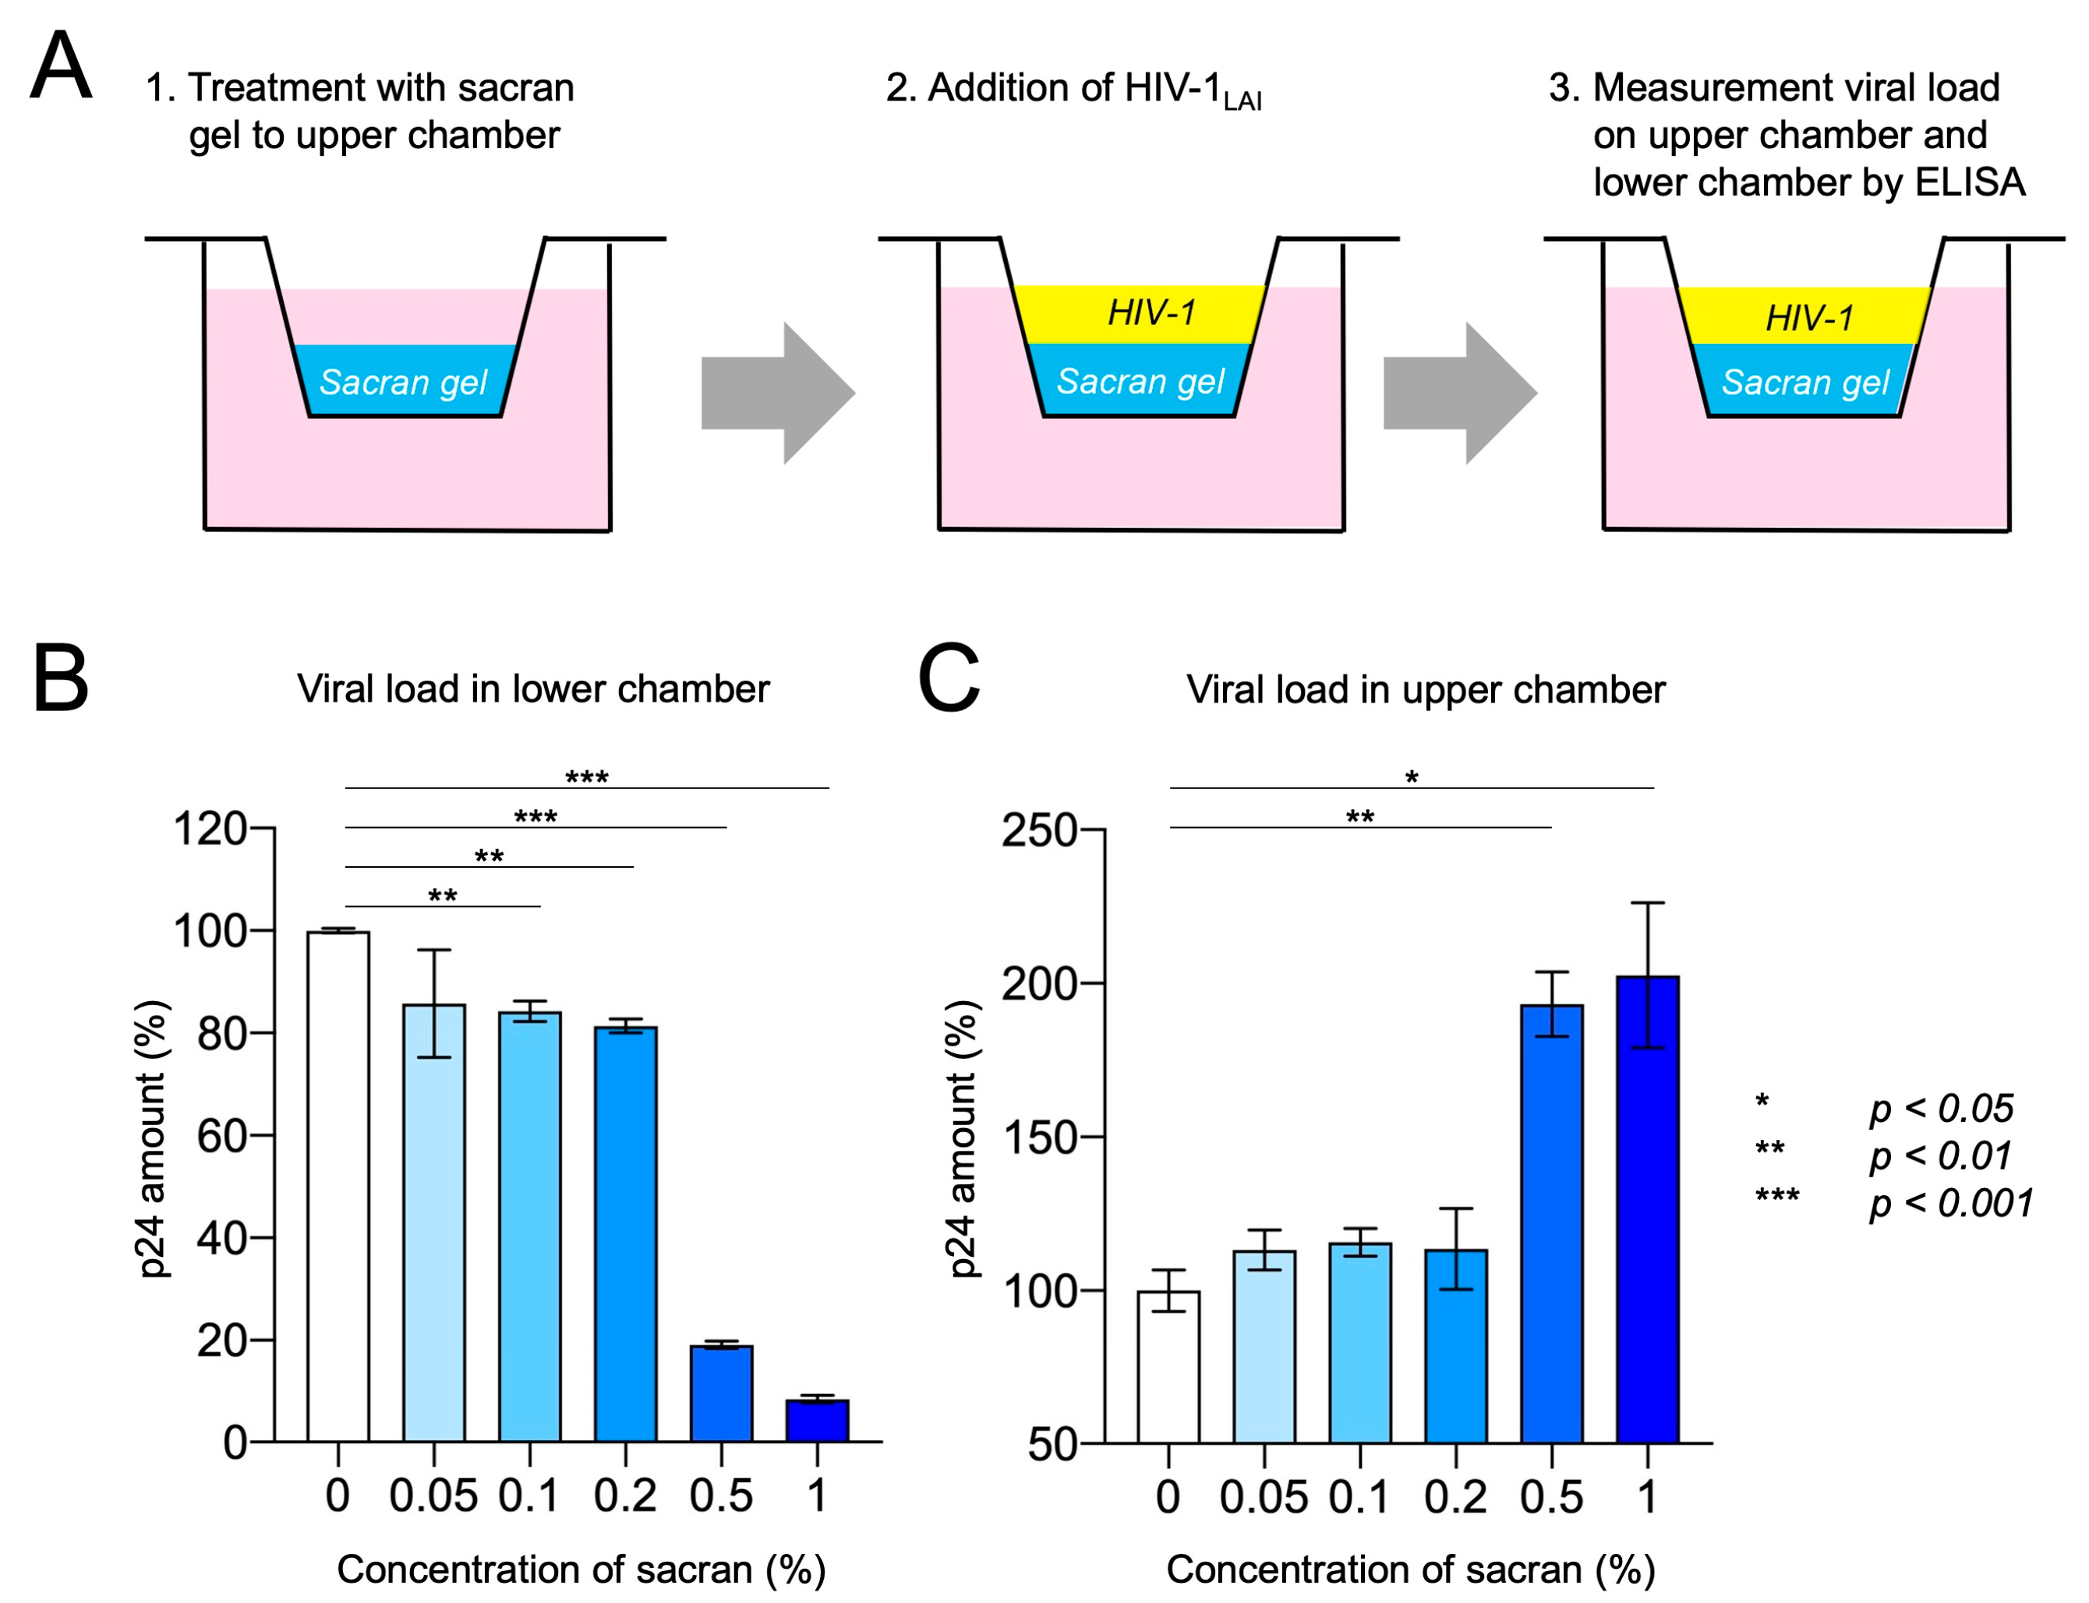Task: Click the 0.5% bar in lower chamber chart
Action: pos(721,1392)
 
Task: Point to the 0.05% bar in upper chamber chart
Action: pos(1264,1346)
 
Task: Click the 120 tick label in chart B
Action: pos(210,828)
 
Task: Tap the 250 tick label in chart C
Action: pos(1039,830)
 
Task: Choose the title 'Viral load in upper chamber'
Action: pos(1425,690)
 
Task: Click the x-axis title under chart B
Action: pos(581,1569)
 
